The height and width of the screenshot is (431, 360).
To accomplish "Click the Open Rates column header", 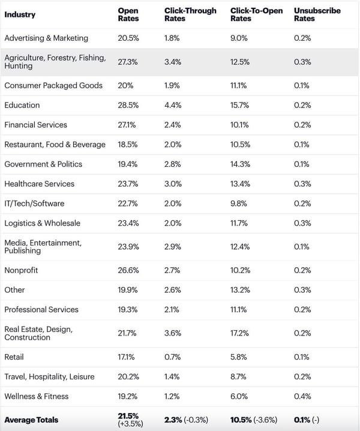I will point(128,14).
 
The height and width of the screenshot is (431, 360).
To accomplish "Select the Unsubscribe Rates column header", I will point(317,14).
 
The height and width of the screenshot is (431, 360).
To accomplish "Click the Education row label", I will point(22,105).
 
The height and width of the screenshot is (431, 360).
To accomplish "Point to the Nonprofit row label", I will point(21,270).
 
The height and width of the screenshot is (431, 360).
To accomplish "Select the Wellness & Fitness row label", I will point(37,396).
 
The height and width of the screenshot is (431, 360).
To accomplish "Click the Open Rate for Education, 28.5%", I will point(128,105).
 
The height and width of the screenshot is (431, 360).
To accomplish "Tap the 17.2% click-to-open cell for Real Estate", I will point(241,333).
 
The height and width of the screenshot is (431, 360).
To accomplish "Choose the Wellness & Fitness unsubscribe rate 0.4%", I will point(302,396).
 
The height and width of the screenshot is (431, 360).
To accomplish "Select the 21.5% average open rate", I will point(128,415).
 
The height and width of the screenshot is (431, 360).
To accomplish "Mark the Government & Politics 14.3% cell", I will point(241,164).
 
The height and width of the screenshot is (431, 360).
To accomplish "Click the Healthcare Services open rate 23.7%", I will point(128,184).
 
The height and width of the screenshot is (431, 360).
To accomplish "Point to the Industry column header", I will point(20,14).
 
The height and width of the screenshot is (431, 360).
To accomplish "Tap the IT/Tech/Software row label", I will point(34,203).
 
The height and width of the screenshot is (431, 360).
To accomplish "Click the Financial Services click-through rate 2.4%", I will point(172,125).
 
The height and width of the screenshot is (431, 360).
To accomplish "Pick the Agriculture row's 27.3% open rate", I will point(128,62).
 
